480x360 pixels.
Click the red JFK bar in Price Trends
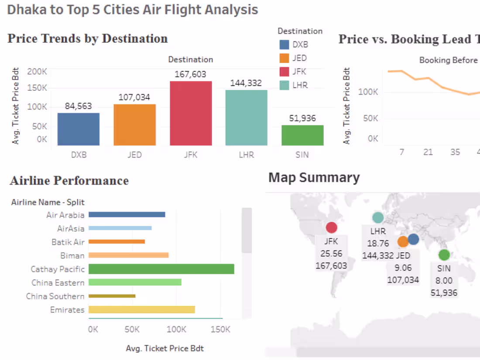point(191,113)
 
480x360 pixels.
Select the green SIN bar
point(302,135)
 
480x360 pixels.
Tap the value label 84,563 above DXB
point(79,106)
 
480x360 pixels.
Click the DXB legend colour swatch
point(285,45)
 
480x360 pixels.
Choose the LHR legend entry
point(300,85)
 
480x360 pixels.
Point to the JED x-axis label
point(134,155)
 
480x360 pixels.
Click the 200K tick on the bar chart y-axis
point(38,72)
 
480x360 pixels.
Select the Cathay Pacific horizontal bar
point(161,269)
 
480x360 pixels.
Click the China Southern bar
point(112,296)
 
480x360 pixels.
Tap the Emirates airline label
point(67,310)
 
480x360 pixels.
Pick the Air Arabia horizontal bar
point(127,215)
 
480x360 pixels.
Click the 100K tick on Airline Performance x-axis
point(176,329)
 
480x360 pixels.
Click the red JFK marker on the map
point(332,227)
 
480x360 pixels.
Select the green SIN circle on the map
point(444,255)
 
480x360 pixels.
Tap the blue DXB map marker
point(413,239)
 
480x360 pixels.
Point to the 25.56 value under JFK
point(331,254)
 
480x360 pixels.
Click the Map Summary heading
point(314,178)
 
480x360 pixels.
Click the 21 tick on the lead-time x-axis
point(428,152)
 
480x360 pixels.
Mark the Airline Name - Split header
point(48,202)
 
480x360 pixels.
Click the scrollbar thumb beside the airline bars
point(247,230)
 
